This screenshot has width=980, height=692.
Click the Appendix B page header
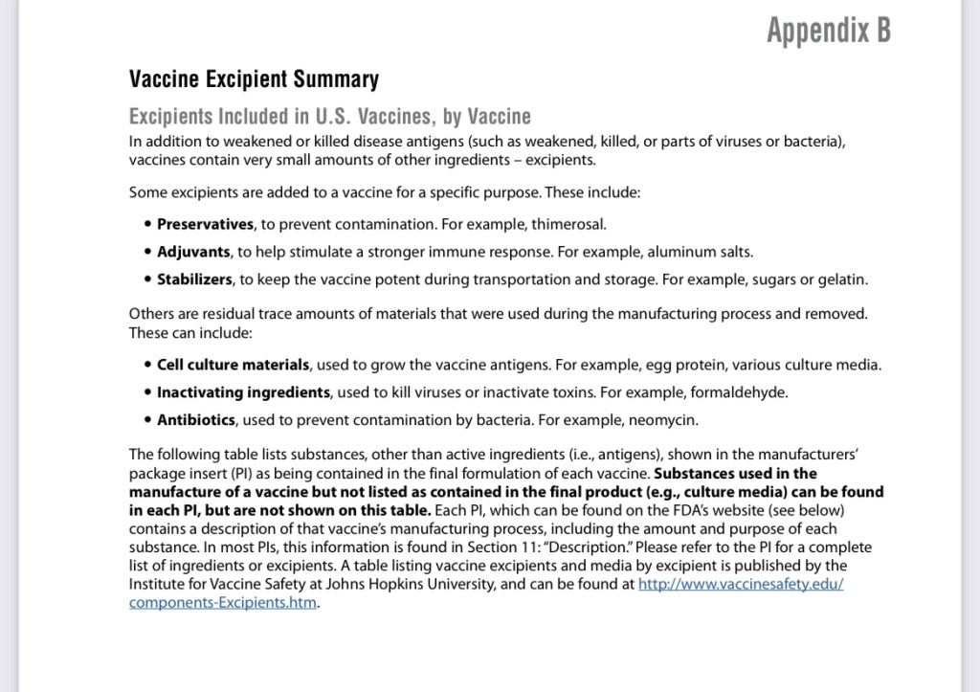pos(828,31)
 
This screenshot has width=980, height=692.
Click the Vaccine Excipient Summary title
pos(254,79)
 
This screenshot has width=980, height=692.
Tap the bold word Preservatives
pos(205,224)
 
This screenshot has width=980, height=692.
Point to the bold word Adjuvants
pos(193,252)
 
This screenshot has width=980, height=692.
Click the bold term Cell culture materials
pos(234,365)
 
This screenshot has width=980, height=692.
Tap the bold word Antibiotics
pos(198,420)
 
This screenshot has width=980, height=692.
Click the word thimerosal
pos(571,224)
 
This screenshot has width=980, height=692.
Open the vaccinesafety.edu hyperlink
pos(740,585)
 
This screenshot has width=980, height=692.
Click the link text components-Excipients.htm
pos(222,604)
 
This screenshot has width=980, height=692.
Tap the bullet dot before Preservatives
pos(147,225)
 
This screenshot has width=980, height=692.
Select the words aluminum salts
pos(702,252)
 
